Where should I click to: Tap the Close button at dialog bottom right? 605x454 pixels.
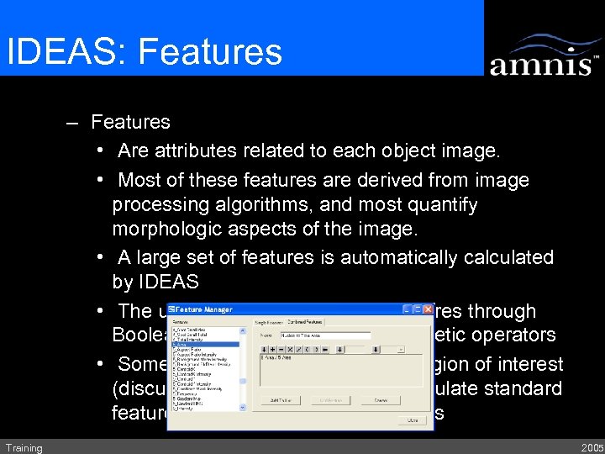click(x=412, y=420)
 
